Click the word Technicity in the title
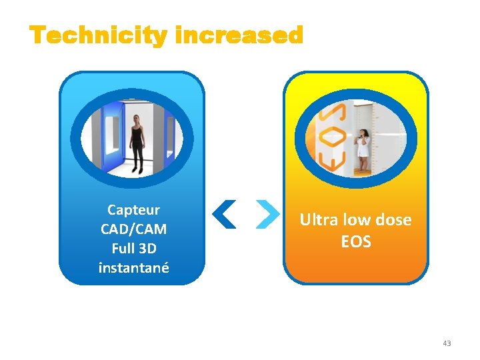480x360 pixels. point(98,35)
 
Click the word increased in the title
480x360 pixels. point(239,35)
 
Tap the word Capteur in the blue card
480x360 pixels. point(133,210)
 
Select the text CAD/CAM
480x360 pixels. point(133,229)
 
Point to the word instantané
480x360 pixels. point(133,268)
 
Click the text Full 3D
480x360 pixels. point(133,249)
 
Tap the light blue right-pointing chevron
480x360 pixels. point(267,215)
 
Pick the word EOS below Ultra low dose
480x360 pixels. point(356,241)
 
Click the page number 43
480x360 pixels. point(447,343)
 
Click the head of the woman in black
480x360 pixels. point(137,119)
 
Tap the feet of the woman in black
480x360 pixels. point(138,169)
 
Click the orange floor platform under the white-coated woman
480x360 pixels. point(363,172)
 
